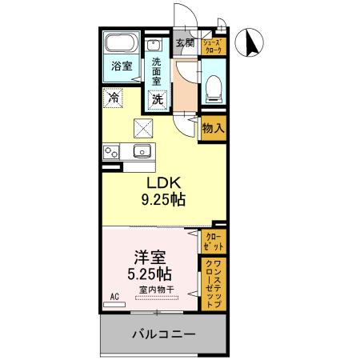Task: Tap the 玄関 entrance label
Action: click(x=185, y=43)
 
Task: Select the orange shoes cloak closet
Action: click(x=213, y=46)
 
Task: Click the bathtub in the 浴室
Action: click(x=121, y=43)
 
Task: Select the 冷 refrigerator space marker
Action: click(x=114, y=100)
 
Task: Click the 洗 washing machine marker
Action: click(x=158, y=101)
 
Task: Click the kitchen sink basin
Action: click(x=143, y=150)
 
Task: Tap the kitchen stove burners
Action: click(x=110, y=152)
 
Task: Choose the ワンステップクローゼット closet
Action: click(x=213, y=285)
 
